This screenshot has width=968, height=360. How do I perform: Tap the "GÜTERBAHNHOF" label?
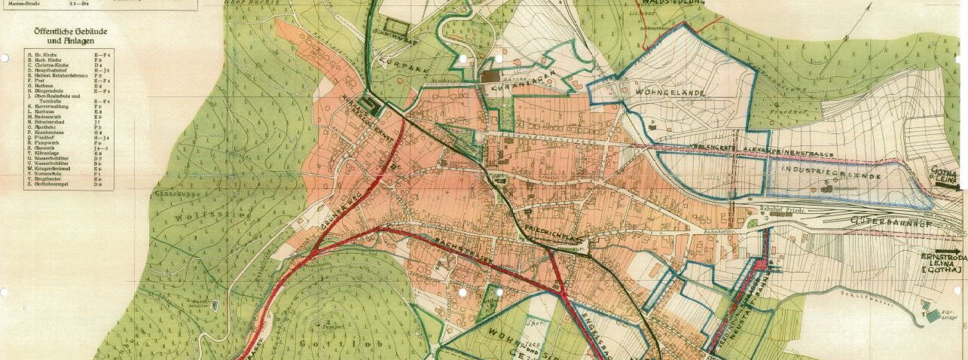(x=888, y=221)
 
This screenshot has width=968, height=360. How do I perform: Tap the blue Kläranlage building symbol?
(x=933, y=317)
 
